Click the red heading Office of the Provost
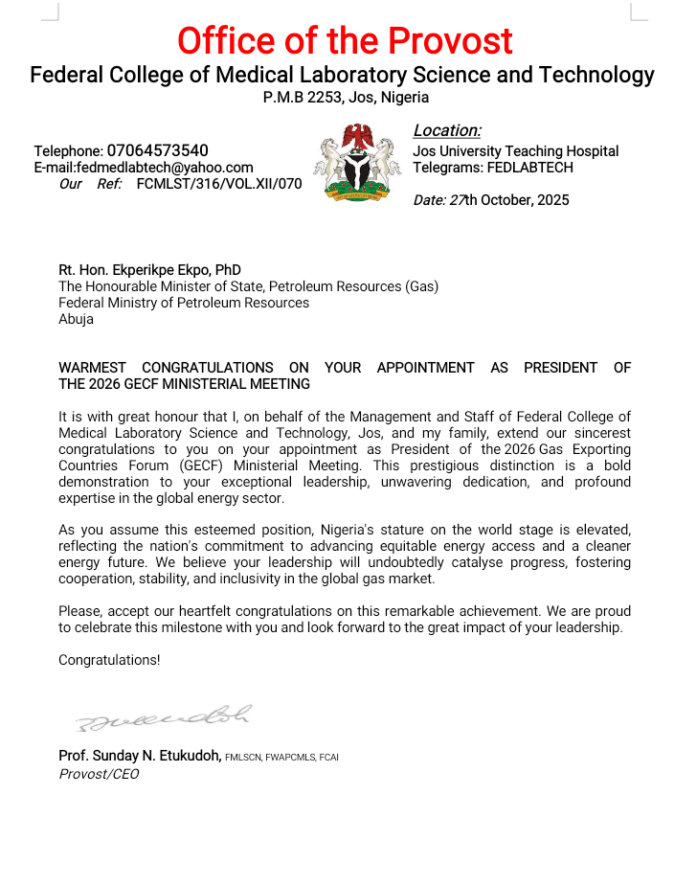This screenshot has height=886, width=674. click(x=345, y=41)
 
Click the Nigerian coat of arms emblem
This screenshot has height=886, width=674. click(x=357, y=162)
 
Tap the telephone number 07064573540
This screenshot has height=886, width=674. click(x=157, y=150)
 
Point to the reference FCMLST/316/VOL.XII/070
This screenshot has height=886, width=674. click(x=219, y=184)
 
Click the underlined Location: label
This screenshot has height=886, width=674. click(x=447, y=131)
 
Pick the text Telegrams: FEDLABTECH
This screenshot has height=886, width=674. click(x=493, y=168)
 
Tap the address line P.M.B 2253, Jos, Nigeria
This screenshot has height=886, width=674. click(x=346, y=98)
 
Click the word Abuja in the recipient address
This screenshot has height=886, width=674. click(x=77, y=319)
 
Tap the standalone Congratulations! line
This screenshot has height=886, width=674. click(x=109, y=660)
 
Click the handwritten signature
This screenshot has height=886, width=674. click(x=163, y=716)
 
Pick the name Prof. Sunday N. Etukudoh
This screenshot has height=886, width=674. click(x=140, y=757)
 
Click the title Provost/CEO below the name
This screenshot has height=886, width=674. click(x=99, y=774)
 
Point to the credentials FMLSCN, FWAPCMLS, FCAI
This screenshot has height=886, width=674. click(x=282, y=758)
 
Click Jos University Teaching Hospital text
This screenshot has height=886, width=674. click(x=515, y=151)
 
